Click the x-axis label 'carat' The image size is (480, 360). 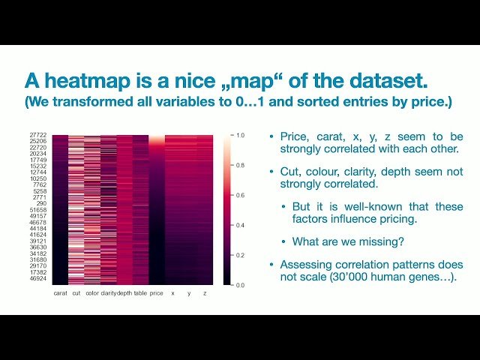coord(61,293)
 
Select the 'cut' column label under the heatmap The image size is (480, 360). coord(76,293)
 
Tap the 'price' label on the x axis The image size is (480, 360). coord(156,293)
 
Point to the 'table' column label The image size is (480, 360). coord(140,293)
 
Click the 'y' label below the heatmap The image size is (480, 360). coord(189,293)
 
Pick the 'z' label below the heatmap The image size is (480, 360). coord(205,293)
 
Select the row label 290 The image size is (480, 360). coord(43,203)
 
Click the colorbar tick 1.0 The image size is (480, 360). coord(240,136)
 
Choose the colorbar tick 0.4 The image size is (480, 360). coord(240,225)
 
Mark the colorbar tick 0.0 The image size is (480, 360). coord(240,285)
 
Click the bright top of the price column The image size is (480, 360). coord(156,139)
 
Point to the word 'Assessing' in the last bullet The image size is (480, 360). coord(303,265)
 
